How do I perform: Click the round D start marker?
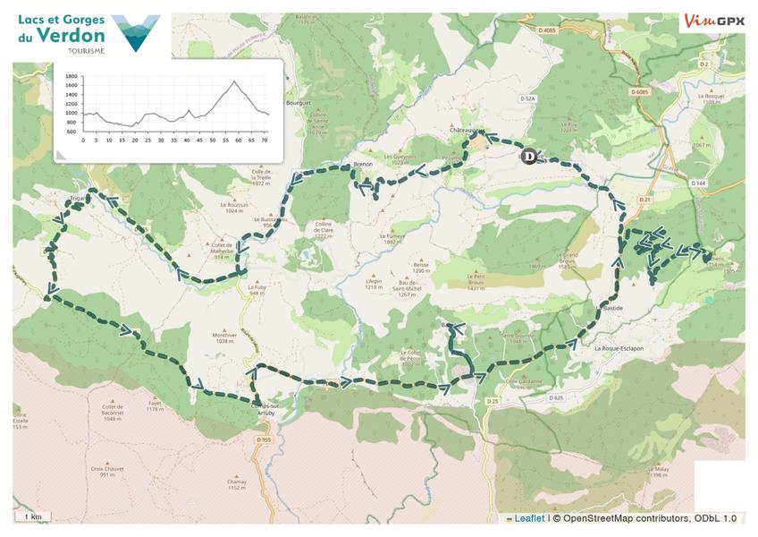tap(528, 157)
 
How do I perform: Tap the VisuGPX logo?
tap(714, 20)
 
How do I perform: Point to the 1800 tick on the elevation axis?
tap(72, 77)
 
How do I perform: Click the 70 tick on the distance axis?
tap(265, 141)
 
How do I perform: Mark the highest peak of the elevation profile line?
tap(234, 81)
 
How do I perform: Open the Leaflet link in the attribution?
tap(528, 517)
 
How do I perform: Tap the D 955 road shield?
tap(263, 439)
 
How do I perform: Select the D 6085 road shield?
tap(638, 91)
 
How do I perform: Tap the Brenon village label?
tap(362, 165)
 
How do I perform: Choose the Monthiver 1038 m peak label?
tap(223, 337)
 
